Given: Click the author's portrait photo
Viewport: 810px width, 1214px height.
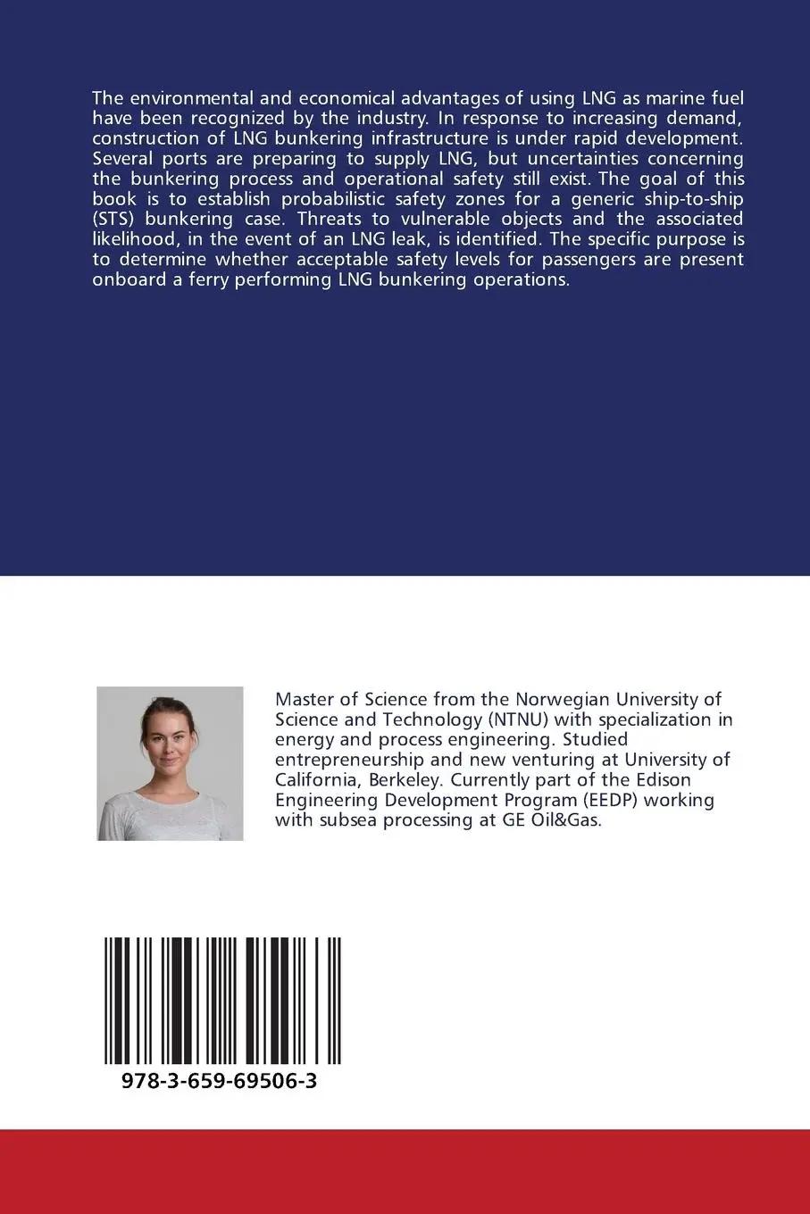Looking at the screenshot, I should click(x=170, y=763).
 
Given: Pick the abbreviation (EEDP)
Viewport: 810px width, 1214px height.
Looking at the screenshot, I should click(x=604, y=800).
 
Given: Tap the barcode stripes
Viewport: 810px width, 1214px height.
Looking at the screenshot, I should click(x=222, y=1000).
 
